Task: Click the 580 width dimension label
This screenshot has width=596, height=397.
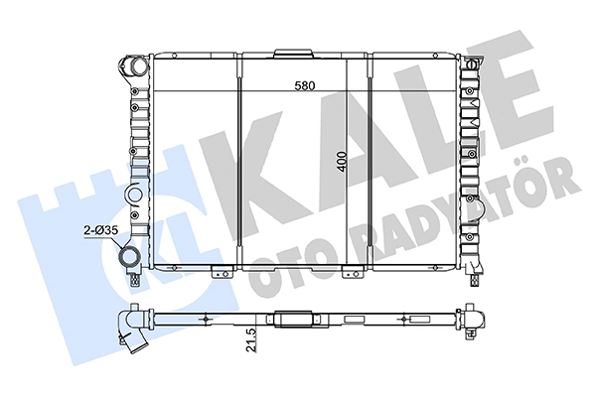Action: [305, 86]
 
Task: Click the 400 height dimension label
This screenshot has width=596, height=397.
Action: [342, 162]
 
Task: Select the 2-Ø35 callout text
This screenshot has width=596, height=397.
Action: [101, 230]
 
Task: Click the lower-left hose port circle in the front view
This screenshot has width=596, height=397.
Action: [129, 258]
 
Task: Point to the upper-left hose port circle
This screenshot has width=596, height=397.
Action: [137, 66]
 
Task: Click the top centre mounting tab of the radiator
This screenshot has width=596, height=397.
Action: [294, 54]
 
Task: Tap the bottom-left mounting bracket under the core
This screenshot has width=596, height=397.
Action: [222, 272]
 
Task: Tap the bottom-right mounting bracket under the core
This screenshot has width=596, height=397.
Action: [352, 272]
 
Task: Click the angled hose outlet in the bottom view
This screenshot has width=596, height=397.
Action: [133, 338]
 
